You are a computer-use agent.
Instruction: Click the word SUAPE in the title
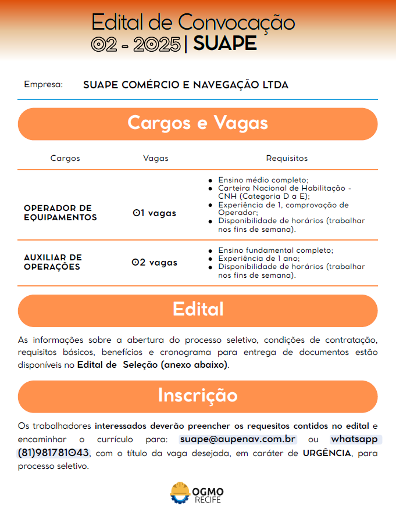tap(224, 44)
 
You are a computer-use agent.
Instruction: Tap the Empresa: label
tap(43, 84)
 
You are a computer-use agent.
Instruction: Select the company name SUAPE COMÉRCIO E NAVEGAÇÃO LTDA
tap(185, 85)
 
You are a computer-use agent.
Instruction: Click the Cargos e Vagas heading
tap(198, 123)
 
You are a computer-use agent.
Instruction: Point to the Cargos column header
tap(65, 158)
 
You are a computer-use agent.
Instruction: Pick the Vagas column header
tap(155, 158)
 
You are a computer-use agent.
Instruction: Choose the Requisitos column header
tap(287, 158)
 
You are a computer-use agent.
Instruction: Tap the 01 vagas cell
tap(154, 213)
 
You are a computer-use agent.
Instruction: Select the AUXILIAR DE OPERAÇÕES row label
tap(53, 262)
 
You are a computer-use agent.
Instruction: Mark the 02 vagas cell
tap(154, 263)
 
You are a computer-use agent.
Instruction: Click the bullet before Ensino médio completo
tap(210, 181)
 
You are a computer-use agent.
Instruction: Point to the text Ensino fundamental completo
tap(276, 250)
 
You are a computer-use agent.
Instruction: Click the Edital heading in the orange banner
tap(198, 309)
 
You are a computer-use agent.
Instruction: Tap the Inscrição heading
tap(198, 395)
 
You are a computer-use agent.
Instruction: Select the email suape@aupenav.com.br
tap(238, 439)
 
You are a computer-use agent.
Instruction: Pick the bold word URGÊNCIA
tap(327, 453)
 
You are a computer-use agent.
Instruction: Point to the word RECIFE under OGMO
tap(208, 500)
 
